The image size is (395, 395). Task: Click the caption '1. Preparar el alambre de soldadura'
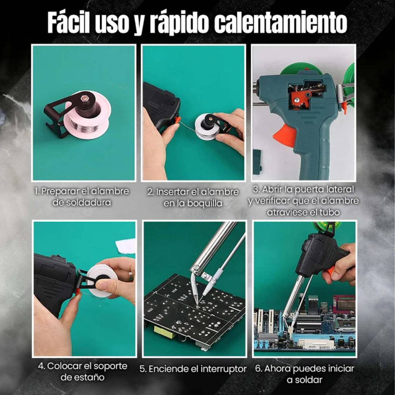(x=82, y=197)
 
